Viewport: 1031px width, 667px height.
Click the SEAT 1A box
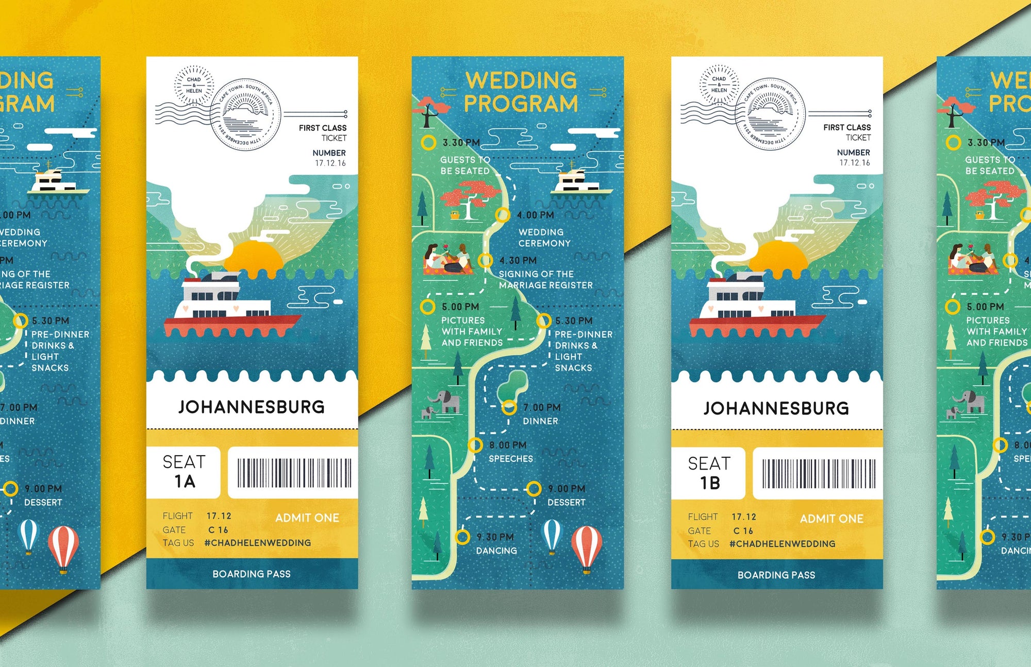[x=184, y=472]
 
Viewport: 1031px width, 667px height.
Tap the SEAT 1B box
[x=709, y=473]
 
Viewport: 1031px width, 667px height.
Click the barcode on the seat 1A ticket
[x=294, y=473]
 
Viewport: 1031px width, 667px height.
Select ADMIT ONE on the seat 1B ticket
[x=831, y=519]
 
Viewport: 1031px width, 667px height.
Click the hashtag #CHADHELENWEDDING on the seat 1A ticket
[x=257, y=543]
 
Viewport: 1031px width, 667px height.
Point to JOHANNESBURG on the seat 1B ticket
[x=776, y=408]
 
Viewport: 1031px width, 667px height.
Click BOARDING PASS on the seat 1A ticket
[x=252, y=574]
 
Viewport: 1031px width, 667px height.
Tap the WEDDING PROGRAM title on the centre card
[x=521, y=92]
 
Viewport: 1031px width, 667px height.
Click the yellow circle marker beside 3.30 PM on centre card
[x=428, y=143]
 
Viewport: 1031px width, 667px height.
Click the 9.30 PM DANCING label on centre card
[x=495, y=544]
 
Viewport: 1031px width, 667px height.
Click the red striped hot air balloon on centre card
[x=586, y=547]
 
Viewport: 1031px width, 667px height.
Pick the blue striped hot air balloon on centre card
[x=552, y=535]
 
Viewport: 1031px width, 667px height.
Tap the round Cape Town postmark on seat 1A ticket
[x=246, y=114]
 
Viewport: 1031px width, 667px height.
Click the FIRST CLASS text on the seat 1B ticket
[x=846, y=127]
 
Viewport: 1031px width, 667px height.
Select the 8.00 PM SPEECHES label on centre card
[x=510, y=452]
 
